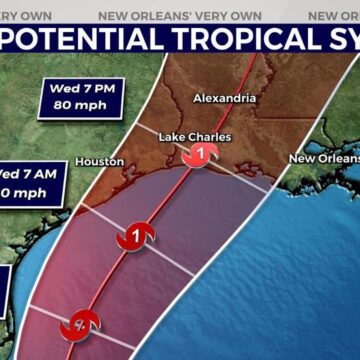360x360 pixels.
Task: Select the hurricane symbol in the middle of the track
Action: pos(128,238)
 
